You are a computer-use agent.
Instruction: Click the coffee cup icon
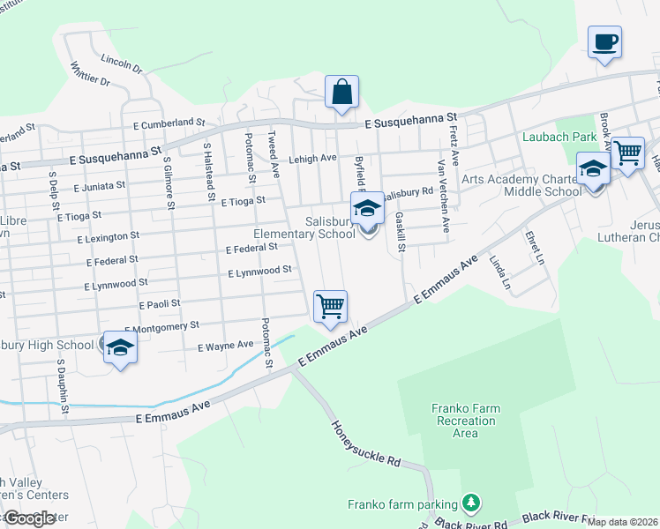coord(604,42)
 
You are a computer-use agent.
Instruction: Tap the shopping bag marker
coord(341,92)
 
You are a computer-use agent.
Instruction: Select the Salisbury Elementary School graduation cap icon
coord(367,210)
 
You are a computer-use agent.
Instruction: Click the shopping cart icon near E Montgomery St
coord(330,306)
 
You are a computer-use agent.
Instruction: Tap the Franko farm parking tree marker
coord(472,503)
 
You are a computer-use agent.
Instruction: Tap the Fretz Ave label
coord(454,145)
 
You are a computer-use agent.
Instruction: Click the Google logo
coord(29,518)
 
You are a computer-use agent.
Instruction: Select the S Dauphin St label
coord(64,386)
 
